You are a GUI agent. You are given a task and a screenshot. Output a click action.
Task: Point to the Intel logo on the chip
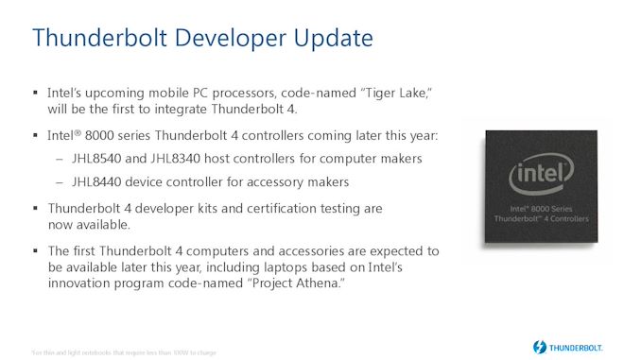(540, 179)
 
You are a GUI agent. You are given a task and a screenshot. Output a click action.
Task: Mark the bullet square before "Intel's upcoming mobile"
(36, 94)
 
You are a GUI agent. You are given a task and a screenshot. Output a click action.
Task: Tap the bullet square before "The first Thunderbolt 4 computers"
(36, 251)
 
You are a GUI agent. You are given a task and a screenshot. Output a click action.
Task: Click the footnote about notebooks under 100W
(123, 352)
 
